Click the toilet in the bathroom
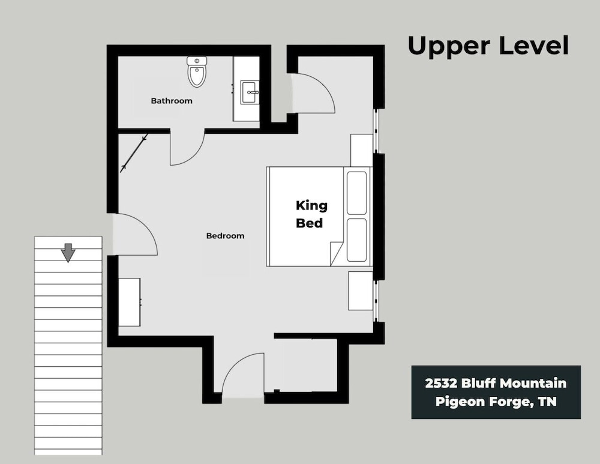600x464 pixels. coord(197,71)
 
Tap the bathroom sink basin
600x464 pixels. coord(250,92)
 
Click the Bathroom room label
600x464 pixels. coord(172,101)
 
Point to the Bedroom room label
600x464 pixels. coord(225,236)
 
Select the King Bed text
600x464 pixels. coord(311,214)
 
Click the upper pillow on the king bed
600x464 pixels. coord(356,193)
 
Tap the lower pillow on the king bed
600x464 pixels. coord(356,240)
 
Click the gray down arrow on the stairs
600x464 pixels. coord(68,253)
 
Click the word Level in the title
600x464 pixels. coord(534,45)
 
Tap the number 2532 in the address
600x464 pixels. coord(441,383)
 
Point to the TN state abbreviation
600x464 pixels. coord(547,402)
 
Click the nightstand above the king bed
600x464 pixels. coord(362,150)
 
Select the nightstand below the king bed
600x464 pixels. coord(361,291)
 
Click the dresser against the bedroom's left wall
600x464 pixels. coord(130,303)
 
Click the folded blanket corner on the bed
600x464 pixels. coord(336,254)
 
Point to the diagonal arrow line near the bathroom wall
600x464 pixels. coord(134,153)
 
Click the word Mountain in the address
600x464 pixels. coord(533,383)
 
